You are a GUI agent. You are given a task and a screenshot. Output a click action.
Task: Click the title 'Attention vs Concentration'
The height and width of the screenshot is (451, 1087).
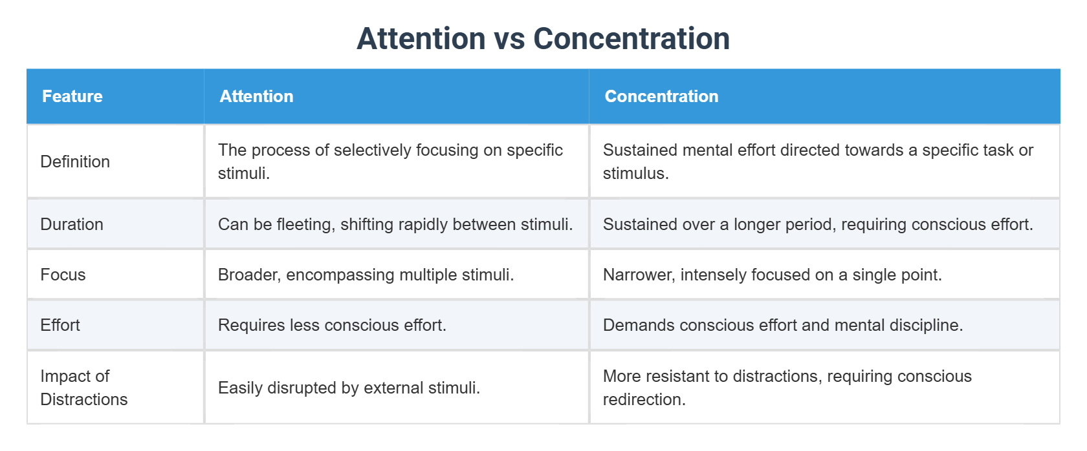click(543, 39)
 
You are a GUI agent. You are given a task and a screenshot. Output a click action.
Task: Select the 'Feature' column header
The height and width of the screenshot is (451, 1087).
click(72, 96)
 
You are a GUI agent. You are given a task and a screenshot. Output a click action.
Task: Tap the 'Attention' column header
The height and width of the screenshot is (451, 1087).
click(256, 96)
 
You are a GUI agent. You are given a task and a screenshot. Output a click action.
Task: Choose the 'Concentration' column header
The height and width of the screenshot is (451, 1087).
click(661, 96)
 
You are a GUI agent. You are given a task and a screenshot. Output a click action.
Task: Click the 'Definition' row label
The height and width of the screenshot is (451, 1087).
click(75, 162)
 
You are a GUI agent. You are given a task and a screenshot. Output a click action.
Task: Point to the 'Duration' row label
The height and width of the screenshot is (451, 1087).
click(72, 224)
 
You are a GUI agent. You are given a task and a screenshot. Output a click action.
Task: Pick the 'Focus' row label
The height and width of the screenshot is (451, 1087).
click(63, 275)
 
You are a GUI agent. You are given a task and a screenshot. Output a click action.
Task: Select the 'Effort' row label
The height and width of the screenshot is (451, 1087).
click(60, 325)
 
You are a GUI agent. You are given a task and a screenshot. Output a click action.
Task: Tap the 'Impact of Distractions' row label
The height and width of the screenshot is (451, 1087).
click(84, 388)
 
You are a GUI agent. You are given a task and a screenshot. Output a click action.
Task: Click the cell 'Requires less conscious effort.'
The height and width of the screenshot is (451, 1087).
click(332, 325)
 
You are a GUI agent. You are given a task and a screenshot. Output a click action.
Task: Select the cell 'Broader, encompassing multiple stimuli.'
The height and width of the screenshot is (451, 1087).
click(366, 275)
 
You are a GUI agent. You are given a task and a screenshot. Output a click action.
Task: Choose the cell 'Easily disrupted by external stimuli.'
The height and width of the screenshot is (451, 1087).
click(349, 388)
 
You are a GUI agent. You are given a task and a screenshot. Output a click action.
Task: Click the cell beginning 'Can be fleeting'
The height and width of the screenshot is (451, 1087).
click(395, 224)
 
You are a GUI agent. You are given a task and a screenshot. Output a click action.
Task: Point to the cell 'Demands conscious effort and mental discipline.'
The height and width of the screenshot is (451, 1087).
click(783, 325)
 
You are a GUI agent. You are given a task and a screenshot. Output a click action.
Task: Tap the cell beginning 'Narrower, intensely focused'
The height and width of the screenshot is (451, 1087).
click(772, 275)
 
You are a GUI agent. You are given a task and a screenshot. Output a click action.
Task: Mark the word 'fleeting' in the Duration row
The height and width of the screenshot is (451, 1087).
click(304, 224)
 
